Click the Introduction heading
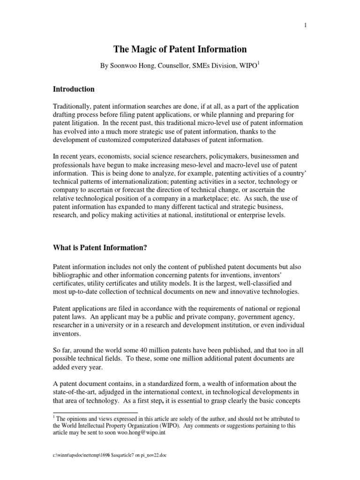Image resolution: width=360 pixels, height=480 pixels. click(x=73, y=89)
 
